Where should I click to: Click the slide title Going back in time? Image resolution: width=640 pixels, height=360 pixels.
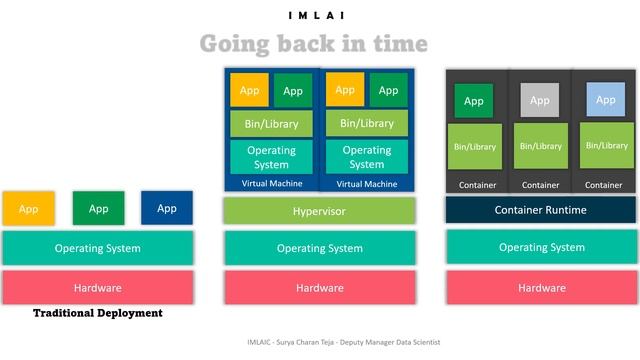(313, 45)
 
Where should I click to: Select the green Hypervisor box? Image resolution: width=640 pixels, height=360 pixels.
(319, 211)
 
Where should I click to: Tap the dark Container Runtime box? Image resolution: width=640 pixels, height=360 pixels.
(540, 210)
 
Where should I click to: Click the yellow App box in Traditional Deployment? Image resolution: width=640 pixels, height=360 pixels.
(28, 208)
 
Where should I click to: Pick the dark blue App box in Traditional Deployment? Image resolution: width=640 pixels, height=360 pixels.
(167, 208)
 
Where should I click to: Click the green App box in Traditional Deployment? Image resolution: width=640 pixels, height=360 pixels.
(98, 208)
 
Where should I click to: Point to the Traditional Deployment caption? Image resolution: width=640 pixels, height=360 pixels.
(98, 313)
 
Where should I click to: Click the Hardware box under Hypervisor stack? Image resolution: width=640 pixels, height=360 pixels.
(319, 287)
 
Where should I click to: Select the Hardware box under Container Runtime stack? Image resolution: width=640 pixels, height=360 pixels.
(540, 287)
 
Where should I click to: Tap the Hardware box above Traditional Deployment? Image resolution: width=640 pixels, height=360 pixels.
(98, 287)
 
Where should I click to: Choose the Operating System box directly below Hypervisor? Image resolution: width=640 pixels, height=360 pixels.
(319, 248)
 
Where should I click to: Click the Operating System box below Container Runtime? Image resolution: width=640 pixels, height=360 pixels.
(540, 248)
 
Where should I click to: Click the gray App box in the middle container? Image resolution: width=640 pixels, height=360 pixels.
(540, 100)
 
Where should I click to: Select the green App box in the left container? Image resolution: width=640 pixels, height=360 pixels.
(474, 101)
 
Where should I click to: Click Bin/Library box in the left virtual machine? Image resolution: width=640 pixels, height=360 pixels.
(271, 124)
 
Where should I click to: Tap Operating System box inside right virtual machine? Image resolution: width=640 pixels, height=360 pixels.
(366, 157)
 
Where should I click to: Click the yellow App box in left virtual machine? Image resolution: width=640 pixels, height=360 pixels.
(249, 90)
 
